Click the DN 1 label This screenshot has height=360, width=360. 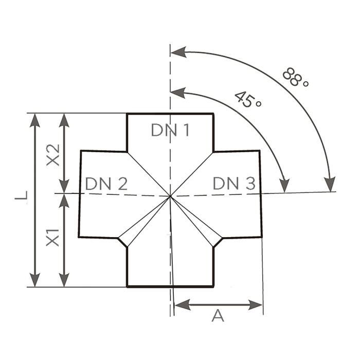click(x=170, y=130)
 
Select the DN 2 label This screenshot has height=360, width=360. click(x=106, y=184)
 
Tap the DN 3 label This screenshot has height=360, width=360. click(x=234, y=183)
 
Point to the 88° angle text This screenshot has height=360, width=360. click(x=296, y=78)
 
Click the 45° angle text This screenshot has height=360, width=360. click(x=248, y=99)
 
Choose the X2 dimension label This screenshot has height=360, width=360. click(x=53, y=155)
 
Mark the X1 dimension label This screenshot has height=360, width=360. click(x=53, y=238)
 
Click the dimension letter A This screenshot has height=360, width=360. click(x=218, y=315)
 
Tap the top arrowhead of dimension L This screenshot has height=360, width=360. click(x=35, y=120)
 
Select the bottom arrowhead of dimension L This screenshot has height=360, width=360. click(x=35, y=280)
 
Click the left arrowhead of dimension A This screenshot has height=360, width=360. click(x=183, y=304)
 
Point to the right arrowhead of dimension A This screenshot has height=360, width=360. click(x=255, y=304)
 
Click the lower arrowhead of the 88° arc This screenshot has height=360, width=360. click(x=330, y=184)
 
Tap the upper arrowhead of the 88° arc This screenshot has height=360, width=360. click(x=179, y=52)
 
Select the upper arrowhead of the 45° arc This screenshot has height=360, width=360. click(x=178, y=93)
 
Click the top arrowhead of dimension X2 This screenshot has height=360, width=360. click(x=64, y=120)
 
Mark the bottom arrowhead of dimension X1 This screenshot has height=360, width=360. click(x=64, y=280)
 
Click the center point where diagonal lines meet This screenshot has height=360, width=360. click(x=170, y=196)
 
